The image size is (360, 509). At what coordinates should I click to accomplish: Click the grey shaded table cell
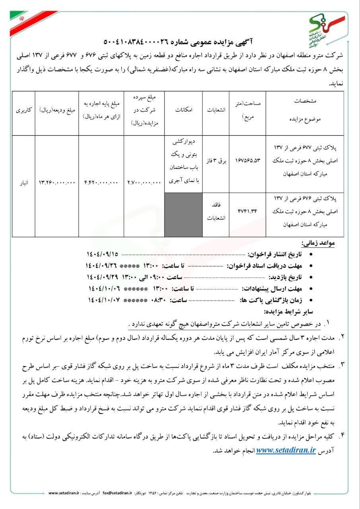(x=184, y=214)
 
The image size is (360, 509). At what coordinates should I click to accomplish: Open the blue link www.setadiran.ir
(x=286, y=450)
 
